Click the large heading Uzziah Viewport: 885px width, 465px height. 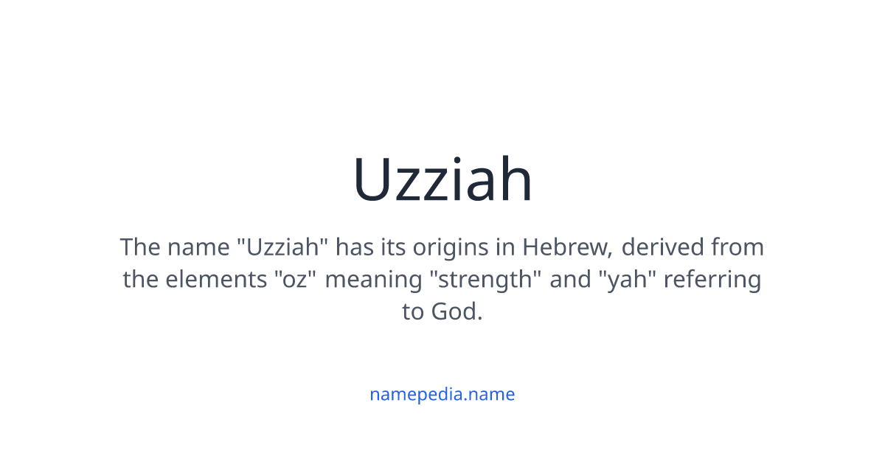[442, 180]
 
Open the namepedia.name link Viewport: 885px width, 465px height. [442, 394]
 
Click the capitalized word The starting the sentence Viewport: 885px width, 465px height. [140, 247]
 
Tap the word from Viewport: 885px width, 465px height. [737, 247]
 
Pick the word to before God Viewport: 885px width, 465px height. [413, 312]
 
